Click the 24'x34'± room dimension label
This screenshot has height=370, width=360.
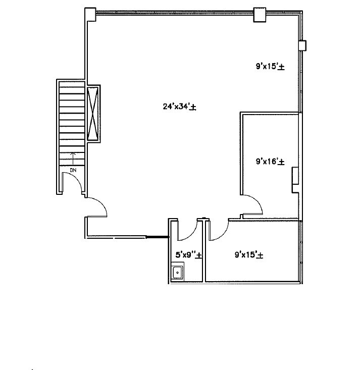179,107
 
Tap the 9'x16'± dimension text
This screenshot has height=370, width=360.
270,162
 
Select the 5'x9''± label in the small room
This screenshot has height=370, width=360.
188,255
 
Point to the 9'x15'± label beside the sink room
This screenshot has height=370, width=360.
248,255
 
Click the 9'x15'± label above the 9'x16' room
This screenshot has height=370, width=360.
270,66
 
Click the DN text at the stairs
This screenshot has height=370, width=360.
73,170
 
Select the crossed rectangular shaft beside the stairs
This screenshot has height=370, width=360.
93,114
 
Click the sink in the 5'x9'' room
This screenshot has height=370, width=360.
177,273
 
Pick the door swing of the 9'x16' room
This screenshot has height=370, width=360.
254,204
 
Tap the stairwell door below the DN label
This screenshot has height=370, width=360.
75,183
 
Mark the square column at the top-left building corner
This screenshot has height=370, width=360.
90,15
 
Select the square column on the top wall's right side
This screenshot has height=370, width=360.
260,15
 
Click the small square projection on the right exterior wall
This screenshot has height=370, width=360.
302,46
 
